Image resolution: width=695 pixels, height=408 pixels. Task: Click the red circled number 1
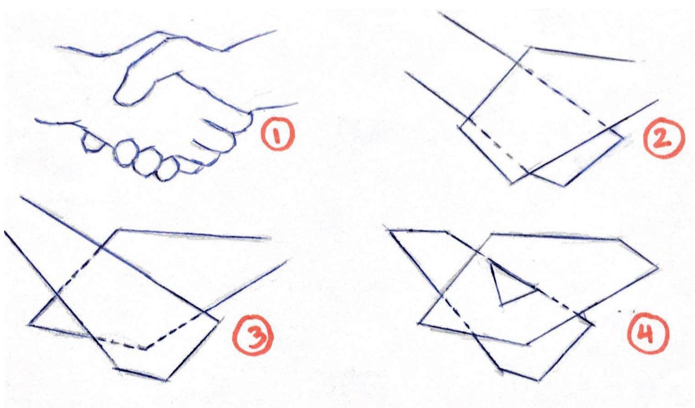[277, 136]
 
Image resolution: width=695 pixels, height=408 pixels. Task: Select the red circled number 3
[253, 335]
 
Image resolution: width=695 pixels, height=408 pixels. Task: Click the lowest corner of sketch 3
[167, 380]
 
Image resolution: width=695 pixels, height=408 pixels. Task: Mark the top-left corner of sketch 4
[389, 230]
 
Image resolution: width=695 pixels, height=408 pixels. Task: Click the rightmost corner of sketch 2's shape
[622, 139]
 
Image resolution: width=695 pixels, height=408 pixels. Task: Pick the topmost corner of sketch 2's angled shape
[530, 47]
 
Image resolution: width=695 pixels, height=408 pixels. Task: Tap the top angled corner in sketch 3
[118, 230]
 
